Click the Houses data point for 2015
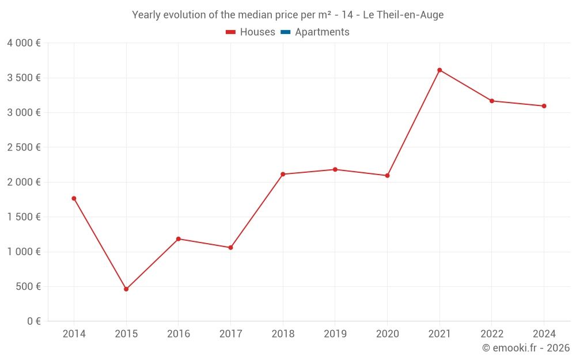[126, 289]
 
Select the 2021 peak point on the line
[439, 70]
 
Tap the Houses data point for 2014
[74, 199]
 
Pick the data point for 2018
[283, 174]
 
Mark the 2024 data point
[544, 106]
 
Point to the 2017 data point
[230, 248]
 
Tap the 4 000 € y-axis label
[24, 43]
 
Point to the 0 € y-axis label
[33, 321]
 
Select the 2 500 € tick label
[24, 147]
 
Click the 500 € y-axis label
[28, 286]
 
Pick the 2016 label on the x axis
[179, 334]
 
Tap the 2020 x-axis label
[387, 334]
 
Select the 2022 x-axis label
[491, 334]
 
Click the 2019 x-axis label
[335, 334]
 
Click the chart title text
[287, 15]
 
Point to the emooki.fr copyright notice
[526, 348]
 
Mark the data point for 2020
[387, 176]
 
